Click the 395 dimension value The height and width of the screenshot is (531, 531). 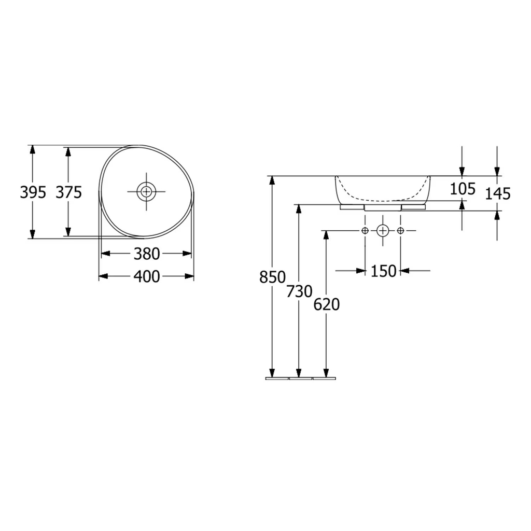point(33,193)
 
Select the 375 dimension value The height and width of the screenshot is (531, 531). point(69,193)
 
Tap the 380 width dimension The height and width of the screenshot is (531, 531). point(147,254)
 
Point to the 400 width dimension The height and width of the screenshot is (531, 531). point(147,277)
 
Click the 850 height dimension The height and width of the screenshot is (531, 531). point(273,277)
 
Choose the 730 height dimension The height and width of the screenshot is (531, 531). point(299,291)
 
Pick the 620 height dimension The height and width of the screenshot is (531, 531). point(327,305)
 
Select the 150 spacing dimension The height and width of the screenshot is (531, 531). point(383,271)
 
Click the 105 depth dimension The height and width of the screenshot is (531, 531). point(463,189)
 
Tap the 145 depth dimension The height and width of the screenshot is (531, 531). point(498,194)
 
